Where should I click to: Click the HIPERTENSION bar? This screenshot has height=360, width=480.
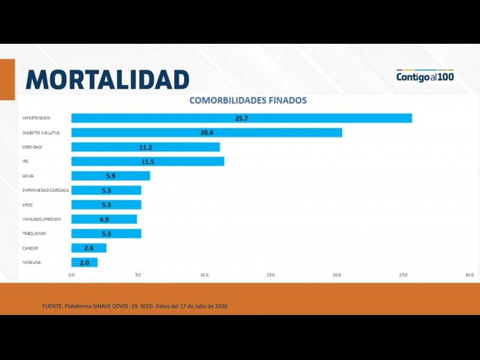click(241, 118)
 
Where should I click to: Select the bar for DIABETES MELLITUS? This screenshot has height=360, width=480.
click(206, 133)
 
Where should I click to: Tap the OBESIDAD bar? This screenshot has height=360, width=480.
click(145, 147)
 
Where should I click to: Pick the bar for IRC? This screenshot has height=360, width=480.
click(148, 161)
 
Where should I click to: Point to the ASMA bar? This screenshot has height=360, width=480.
click(110, 176)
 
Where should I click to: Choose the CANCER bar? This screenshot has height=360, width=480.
click(89, 248)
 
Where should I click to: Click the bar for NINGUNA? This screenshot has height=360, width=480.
click(84, 262)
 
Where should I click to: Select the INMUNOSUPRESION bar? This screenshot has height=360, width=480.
click(104, 219)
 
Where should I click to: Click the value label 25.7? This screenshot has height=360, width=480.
click(242, 118)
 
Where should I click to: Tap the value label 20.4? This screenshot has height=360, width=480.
click(207, 133)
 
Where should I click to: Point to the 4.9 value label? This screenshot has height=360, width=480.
click(104, 219)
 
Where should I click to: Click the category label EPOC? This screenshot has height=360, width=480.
click(28, 205)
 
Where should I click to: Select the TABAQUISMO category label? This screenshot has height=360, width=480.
click(34, 233)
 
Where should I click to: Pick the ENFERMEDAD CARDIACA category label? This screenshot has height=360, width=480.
click(46, 190)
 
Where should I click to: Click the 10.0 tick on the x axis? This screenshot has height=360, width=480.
click(204, 275)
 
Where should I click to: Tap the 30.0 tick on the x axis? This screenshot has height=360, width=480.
click(469, 275)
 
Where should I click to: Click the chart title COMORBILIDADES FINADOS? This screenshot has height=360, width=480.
click(248, 100)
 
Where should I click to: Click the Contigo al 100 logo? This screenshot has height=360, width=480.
click(425, 76)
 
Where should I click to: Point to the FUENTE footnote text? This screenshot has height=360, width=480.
click(134, 307)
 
